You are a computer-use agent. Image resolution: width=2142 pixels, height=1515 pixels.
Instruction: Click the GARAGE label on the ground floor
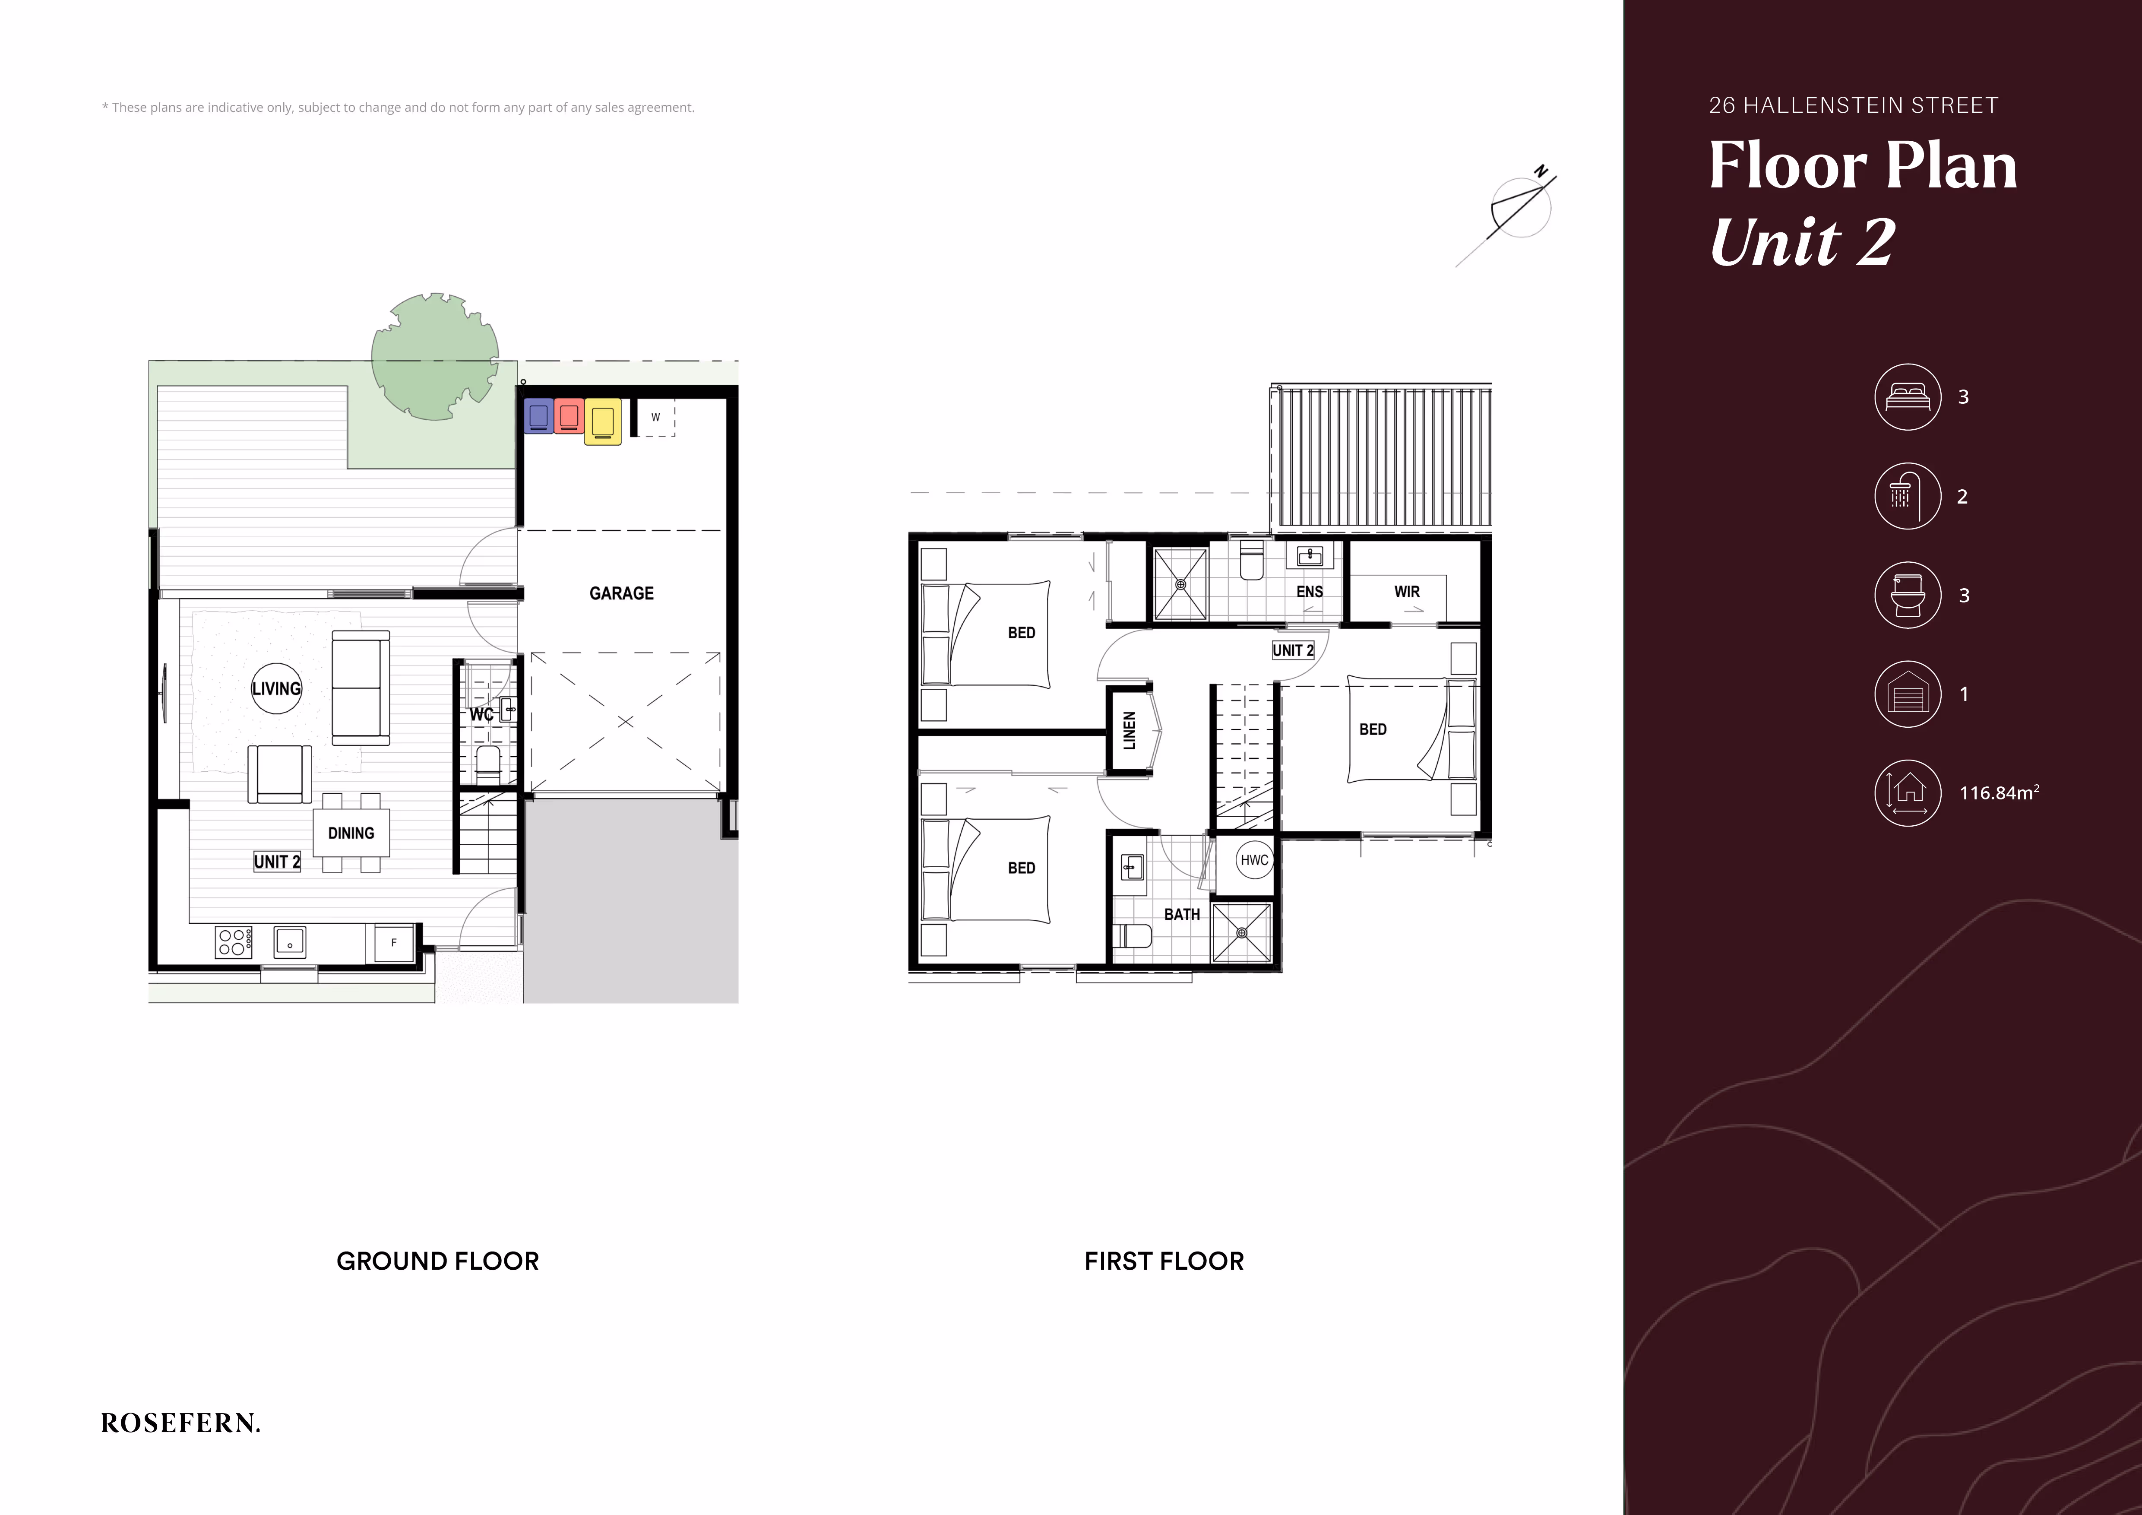621,593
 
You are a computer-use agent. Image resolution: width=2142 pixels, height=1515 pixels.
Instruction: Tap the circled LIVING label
276,688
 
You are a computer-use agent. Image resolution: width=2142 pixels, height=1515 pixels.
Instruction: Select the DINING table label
351,833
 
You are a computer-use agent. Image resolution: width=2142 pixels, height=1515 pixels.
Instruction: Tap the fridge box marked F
394,943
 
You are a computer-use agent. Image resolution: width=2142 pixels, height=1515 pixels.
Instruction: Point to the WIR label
1407,592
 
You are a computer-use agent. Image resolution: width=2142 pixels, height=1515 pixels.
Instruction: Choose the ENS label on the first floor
1310,592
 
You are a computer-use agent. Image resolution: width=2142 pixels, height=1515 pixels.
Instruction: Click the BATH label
1182,914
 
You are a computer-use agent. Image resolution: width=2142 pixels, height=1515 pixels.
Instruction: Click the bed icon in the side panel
1908,396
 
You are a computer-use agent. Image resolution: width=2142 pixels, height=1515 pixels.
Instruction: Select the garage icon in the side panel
1908,693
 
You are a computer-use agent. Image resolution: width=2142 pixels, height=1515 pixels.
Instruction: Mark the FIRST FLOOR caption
1164,1261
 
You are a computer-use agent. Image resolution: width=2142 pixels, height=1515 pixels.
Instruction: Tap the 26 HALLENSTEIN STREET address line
1854,105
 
